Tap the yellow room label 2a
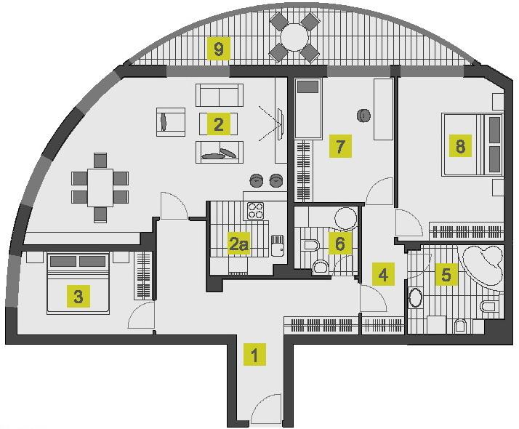(238, 244)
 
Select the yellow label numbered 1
(254, 356)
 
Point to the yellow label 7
(339, 147)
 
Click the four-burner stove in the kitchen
(256, 211)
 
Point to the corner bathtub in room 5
(481, 267)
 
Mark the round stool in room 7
(363, 114)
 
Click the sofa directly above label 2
(218, 96)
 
